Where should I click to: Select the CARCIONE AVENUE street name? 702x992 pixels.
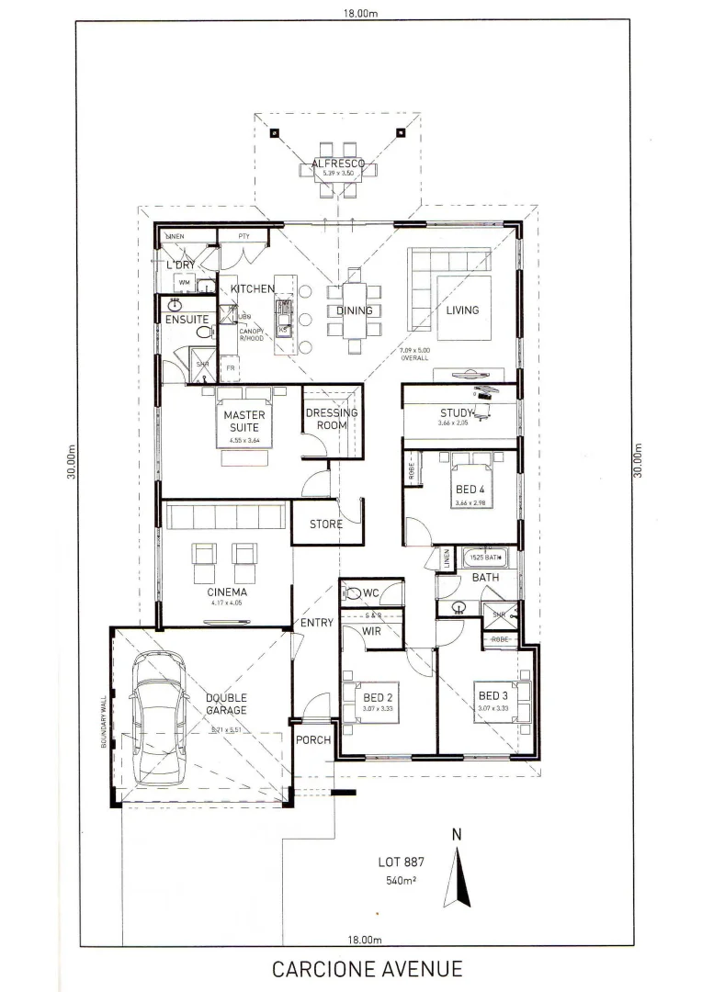(x=367, y=968)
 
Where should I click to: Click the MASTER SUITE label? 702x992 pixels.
(x=244, y=421)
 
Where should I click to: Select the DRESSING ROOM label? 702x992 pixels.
(x=332, y=418)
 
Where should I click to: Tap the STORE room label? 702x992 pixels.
(x=325, y=524)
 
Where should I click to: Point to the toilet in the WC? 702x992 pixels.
(x=353, y=593)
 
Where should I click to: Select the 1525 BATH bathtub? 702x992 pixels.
(x=485, y=557)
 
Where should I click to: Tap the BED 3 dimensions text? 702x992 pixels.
(x=493, y=708)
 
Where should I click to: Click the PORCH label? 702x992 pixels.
(x=311, y=741)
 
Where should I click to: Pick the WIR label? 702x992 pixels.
(x=371, y=631)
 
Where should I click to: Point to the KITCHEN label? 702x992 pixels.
(x=253, y=288)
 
